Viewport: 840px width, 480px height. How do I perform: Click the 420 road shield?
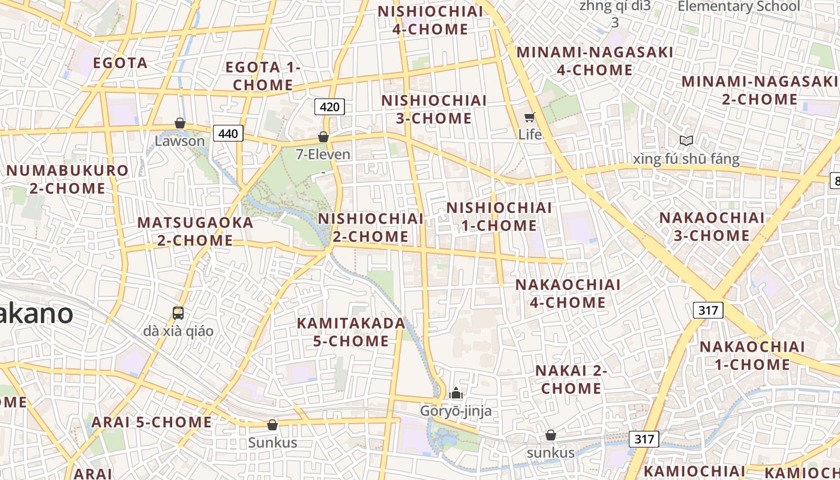329,107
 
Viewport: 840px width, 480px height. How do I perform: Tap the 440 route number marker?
228,133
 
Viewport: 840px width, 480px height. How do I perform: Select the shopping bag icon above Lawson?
179,123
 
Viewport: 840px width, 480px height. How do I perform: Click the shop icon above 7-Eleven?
323,137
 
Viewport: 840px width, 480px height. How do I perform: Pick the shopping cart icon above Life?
530,117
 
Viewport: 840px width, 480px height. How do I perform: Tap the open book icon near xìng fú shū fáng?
686,140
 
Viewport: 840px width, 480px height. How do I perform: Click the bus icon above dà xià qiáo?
178,313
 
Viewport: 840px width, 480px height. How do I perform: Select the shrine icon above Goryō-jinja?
456,394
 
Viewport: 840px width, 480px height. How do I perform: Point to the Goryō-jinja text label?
456,411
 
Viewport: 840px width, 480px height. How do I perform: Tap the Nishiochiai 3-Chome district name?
434,109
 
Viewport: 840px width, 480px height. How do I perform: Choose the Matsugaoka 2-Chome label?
195,231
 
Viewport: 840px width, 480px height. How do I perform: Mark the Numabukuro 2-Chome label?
67,179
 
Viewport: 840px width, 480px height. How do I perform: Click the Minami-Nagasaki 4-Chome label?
595,61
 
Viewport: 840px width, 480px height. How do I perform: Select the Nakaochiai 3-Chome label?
712,226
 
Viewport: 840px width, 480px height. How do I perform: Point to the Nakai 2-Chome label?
571,379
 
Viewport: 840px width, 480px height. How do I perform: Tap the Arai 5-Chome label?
151,422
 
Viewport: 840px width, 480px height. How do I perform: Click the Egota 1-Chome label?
263,76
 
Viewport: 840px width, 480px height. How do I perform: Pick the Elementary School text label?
739,7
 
